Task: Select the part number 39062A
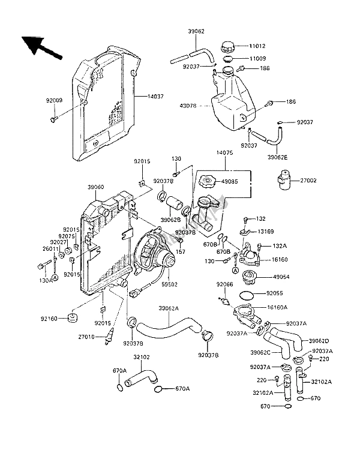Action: click(169, 310)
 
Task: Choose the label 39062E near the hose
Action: click(295, 157)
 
